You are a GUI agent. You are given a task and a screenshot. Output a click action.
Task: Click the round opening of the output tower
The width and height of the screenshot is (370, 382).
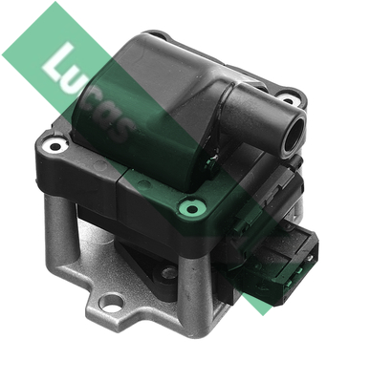294,136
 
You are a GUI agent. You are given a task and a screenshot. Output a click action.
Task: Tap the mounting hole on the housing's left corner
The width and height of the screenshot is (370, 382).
55,146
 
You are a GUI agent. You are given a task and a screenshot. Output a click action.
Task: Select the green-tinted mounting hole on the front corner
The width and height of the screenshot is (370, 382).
192,209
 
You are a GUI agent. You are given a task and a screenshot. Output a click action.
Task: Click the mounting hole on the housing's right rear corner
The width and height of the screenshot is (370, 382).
288,101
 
